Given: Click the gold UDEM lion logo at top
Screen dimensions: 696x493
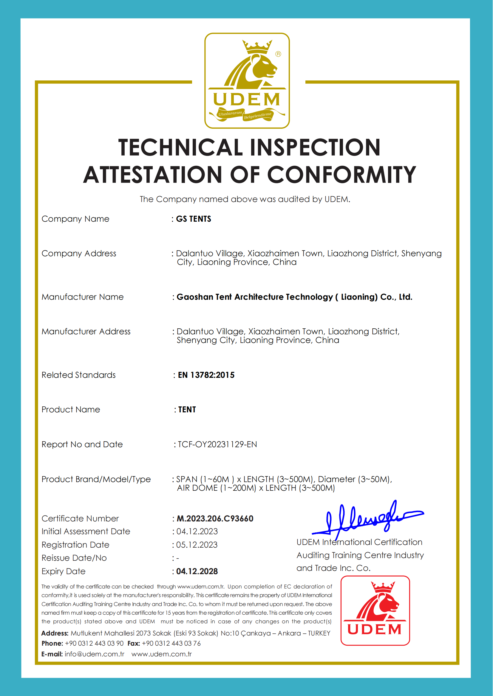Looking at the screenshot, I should [247, 80].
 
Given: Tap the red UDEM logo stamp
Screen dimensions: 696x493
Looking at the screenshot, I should [375, 610].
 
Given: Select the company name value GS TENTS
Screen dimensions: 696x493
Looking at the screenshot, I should [193, 219].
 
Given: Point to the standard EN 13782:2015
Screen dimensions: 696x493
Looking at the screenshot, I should [206, 375].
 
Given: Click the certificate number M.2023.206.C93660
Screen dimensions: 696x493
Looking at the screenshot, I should [215, 519].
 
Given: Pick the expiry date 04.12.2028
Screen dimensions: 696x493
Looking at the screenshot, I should [197, 571].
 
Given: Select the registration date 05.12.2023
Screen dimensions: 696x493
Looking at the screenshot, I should [197, 545].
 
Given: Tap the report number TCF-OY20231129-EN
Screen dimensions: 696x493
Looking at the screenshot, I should [217, 445].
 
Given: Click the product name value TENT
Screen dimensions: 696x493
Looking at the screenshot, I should [187, 410].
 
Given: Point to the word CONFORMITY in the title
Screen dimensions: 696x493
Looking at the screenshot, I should [341, 175].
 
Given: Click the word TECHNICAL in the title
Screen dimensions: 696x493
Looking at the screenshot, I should [181, 148].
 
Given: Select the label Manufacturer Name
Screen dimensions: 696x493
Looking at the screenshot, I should [83, 297].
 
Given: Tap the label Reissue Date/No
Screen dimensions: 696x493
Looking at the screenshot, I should [74, 558].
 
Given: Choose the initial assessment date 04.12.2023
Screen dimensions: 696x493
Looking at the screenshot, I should [197, 532].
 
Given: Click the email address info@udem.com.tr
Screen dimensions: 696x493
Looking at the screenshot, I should [95, 654].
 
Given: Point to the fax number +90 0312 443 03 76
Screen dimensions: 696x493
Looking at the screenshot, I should [171, 644].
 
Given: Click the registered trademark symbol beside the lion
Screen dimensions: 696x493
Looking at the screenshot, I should [278, 54].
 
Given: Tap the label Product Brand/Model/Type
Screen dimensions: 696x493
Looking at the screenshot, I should [96, 479].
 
